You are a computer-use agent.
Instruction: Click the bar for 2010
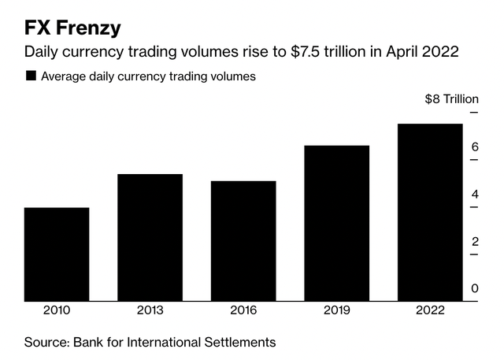(57, 254)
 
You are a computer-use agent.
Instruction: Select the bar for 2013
(150, 237)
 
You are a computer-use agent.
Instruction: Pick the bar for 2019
(336, 223)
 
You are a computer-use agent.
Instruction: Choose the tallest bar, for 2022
(429, 212)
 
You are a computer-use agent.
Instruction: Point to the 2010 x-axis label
(57, 310)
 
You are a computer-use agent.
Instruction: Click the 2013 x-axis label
(150, 310)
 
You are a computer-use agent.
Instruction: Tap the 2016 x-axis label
(243, 310)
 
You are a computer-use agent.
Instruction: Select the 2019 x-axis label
(336, 310)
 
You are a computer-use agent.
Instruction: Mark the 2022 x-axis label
(429, 310)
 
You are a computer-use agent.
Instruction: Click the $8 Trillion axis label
(451, 99)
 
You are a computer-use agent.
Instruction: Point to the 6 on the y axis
(475, 147)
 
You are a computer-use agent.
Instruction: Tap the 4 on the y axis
(475, 195)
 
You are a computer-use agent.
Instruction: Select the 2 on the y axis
(475, 242)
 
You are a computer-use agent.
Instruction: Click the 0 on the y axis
(475, 289)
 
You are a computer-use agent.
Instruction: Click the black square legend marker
(31, 76)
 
